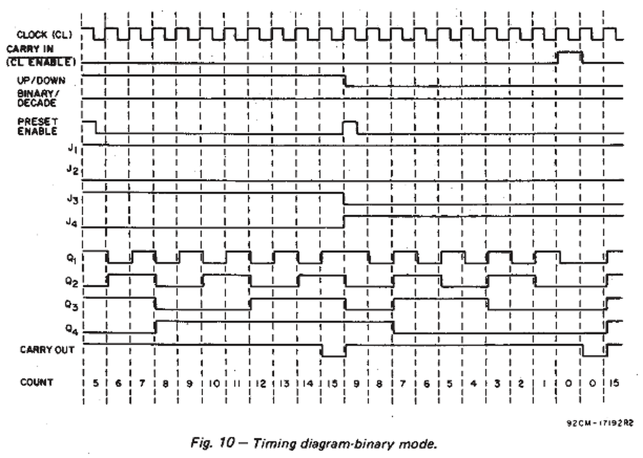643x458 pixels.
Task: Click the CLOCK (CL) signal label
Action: point(45,35)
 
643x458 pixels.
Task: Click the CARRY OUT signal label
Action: point(47,350)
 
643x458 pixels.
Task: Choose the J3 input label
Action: point(72,199)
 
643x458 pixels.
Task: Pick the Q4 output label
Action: point(70,329)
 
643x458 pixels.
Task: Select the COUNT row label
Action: point(37,383)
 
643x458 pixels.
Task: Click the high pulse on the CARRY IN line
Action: point(570,52)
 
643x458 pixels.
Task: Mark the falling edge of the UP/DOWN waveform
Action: point(345,81)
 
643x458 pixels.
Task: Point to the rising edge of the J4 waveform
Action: point(345,221)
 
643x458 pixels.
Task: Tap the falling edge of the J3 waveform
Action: point(345,199)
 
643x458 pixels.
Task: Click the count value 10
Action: point(213,384)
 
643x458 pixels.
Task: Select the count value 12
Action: point(261,384)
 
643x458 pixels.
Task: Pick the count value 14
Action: point(308,384)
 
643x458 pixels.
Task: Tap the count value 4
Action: point(474,384)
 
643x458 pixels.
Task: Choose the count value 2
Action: point(521,384)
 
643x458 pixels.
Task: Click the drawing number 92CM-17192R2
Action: point(600,423)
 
